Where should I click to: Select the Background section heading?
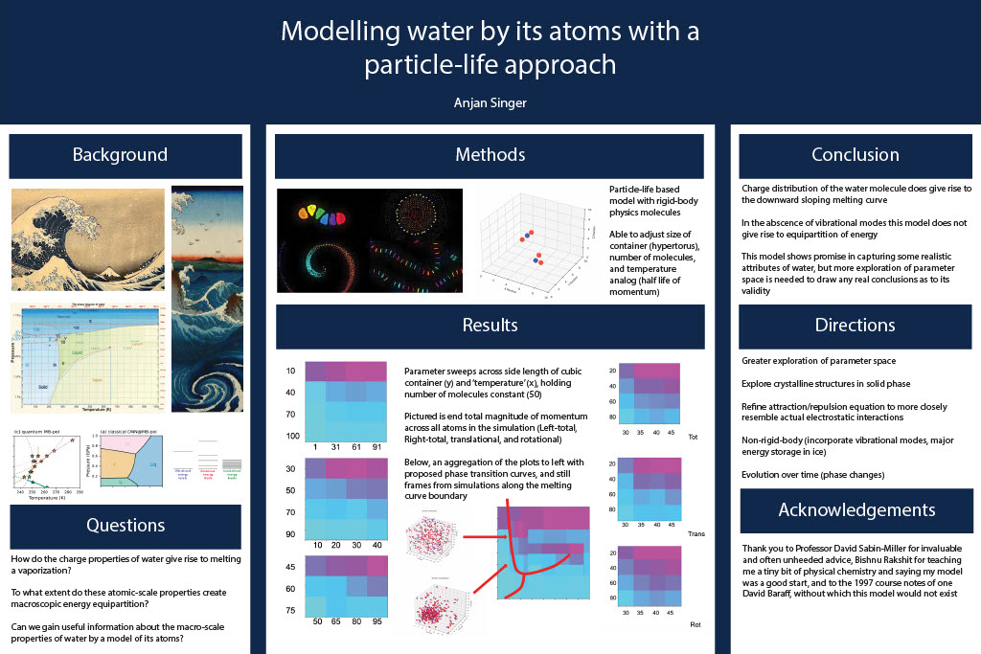[x=120, y=155]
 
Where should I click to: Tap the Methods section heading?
[x=490, y=155]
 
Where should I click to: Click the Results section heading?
[x=490, y=326]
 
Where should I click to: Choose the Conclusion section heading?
[x=855, y=155]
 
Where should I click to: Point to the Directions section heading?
[x=855, y=326]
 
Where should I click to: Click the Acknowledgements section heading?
[x=855, y=509]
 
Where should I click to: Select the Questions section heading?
[x=125, y=525]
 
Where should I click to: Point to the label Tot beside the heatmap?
[x=695, y=437]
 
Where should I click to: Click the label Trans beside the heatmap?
[x=696, y=533]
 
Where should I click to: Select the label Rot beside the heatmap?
[x=695, y=624]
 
